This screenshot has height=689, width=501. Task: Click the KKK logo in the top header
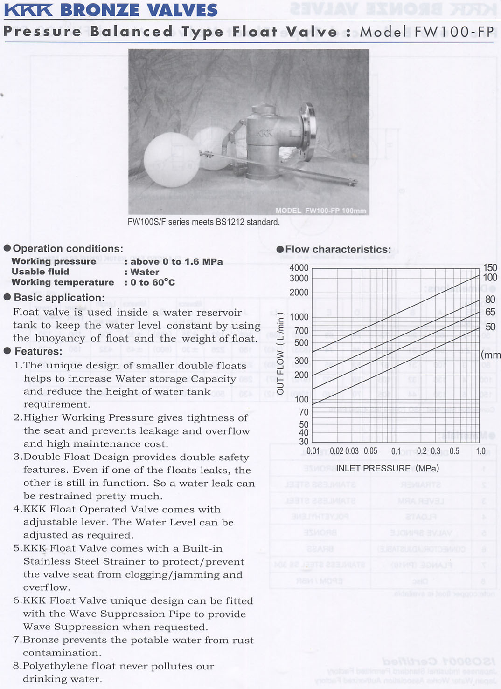click(28, 9)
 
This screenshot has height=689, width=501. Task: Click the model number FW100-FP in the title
click(453, 31)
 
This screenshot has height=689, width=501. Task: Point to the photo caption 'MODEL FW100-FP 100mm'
click(320, 211)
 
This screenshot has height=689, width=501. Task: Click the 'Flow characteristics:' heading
click(338, 250)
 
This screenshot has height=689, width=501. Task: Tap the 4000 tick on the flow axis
click(299, 268)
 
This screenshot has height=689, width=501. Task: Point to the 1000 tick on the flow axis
click(299, 317)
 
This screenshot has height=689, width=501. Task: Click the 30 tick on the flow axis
click(304, 441)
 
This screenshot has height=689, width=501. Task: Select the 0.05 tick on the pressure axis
click(370, 451)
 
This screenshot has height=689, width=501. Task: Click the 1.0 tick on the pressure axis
click(480, 451)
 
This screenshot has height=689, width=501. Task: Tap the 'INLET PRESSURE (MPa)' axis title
click(387, 468)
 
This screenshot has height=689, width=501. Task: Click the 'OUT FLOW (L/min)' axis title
click(280, 354)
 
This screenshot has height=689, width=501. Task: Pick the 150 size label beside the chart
click(490, 268)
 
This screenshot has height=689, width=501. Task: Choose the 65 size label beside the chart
click(490, 312)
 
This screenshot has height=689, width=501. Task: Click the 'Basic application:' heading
click(59, 298)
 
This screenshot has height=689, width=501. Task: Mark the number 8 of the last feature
click(16, 666)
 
